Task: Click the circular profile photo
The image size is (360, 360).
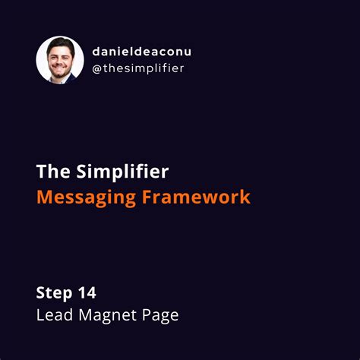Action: point(60,59)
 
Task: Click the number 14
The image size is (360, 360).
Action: point(90,293)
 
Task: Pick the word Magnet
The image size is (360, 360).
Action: point(105,314)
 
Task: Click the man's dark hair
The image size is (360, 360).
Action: point(60,43)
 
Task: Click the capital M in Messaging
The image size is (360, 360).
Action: point(45,197)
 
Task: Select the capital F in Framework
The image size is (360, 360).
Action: point(146,197)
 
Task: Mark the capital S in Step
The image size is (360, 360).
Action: point(41,293)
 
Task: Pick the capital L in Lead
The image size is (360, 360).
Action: point(39,314)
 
